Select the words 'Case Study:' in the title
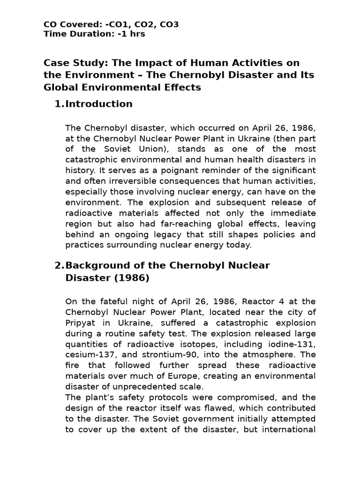point(69,63)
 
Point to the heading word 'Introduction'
point(99,104)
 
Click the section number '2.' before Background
point(60,266)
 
